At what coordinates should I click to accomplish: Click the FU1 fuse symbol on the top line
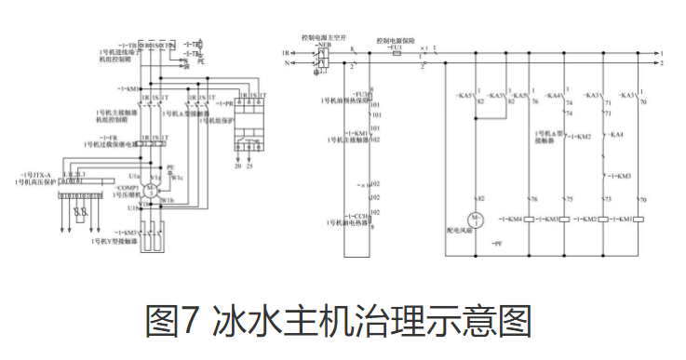click(x=398, y=54)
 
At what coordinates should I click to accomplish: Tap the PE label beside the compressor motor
click(x=170, y=167)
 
